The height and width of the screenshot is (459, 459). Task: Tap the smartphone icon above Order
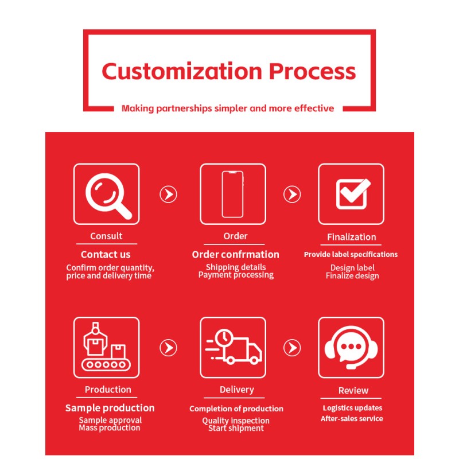233,194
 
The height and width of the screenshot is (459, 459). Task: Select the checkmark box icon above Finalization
353,194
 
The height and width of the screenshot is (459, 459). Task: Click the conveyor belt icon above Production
106,347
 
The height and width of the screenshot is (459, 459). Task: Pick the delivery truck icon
234,347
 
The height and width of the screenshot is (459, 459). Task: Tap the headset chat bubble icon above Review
351,348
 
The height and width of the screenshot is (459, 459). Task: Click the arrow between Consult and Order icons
168,194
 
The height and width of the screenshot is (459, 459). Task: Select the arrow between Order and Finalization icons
292,194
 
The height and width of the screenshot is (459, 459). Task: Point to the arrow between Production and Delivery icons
168,348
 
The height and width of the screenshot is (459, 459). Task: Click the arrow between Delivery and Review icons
292,348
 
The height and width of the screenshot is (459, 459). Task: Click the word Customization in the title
182,71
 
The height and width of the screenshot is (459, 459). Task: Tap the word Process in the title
312,71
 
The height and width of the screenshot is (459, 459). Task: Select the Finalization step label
351,237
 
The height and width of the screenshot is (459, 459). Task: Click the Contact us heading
106,254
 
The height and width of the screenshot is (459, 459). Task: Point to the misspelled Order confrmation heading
236,254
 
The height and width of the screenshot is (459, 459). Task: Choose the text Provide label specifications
351,254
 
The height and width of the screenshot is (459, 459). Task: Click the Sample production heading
110,408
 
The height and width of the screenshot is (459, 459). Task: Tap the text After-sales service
352,419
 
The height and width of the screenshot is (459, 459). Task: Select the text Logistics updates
352,408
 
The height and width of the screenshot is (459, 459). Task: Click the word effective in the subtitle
314,108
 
